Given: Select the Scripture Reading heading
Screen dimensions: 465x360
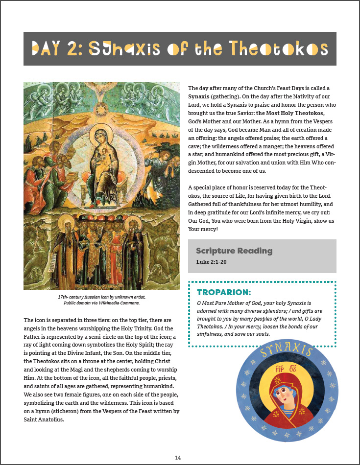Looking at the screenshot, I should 234,251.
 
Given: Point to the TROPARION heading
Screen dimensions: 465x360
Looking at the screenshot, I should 224,293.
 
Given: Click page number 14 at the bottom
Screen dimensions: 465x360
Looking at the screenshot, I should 178,457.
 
